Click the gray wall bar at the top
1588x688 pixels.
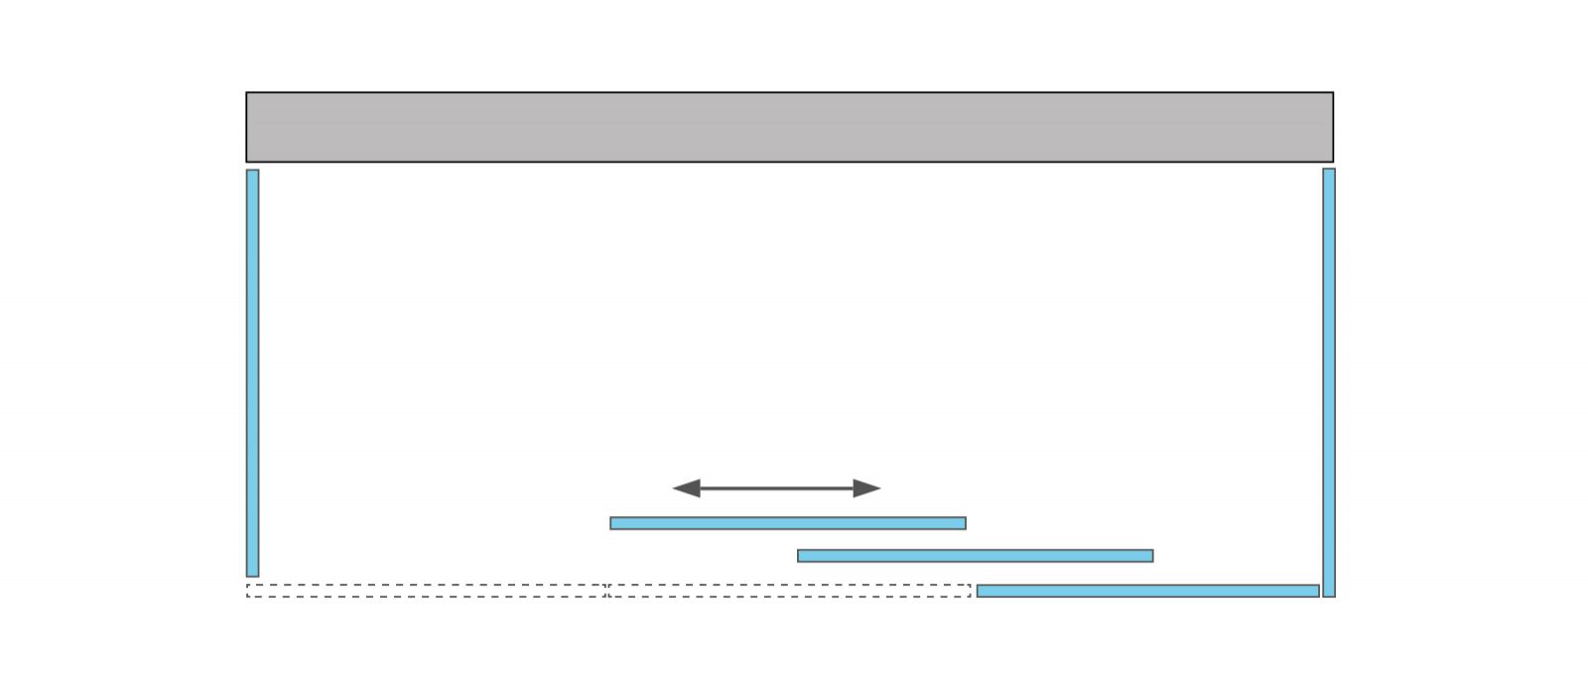789,127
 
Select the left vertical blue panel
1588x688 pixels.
252,372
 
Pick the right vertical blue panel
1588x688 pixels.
1329,382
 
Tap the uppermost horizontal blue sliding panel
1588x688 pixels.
787,523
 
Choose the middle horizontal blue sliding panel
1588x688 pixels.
975,556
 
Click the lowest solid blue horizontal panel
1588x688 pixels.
1147,591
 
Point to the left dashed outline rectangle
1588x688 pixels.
426,591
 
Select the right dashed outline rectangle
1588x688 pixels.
789,591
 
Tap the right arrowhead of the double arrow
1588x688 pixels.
868,487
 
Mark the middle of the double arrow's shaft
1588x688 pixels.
776,487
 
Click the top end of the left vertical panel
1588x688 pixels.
252,173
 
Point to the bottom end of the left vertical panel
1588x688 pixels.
252,573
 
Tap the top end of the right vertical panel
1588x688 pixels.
1329,172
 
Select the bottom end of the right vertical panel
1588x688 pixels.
1329,594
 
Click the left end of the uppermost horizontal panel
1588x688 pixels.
613,523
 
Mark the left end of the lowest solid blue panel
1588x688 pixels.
981,591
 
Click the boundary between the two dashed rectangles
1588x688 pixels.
606,591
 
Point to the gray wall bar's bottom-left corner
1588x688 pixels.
247,161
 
